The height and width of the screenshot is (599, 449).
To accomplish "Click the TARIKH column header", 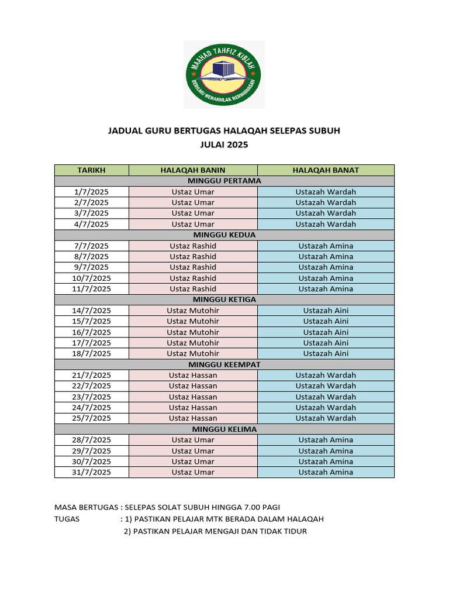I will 91,170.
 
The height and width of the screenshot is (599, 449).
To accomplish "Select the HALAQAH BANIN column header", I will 193,170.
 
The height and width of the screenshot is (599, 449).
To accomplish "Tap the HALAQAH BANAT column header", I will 326,170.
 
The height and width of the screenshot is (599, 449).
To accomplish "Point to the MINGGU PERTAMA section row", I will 224,181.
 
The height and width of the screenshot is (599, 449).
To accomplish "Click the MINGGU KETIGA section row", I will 224,299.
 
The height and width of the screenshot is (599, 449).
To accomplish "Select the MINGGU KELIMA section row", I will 224,429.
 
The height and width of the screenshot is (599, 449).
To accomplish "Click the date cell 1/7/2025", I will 91,192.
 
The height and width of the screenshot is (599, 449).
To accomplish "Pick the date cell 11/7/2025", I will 91,289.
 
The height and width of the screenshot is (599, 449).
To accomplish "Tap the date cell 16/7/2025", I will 91,332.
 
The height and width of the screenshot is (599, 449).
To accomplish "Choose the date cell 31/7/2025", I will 91,472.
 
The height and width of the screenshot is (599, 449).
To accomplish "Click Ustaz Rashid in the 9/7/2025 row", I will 193,267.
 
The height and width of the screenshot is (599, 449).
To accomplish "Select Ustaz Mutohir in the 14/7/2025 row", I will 193,311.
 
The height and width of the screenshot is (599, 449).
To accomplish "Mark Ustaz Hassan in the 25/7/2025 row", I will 193,418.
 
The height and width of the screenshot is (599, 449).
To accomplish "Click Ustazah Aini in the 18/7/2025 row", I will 326,353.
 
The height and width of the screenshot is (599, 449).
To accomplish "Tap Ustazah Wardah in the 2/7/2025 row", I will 326,202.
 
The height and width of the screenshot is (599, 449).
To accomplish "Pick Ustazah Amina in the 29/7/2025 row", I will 326,451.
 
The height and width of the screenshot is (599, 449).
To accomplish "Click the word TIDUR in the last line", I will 294,531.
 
